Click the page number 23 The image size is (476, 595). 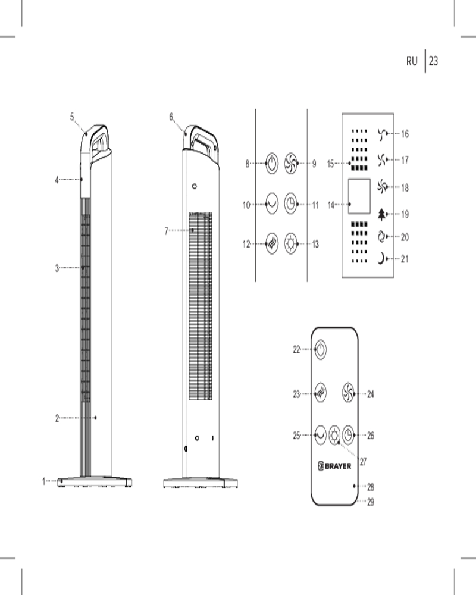point(434,61)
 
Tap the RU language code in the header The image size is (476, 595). point(412,61)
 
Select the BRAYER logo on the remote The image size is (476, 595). point(334,466)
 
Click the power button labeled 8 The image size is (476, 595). point(272,164)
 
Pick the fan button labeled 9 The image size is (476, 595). point(291,164)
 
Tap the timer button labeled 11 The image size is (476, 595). point(291,203)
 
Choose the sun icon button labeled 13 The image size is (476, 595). point(291,243)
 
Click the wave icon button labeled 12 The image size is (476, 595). point(272,243)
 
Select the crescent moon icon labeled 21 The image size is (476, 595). point(381,259)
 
